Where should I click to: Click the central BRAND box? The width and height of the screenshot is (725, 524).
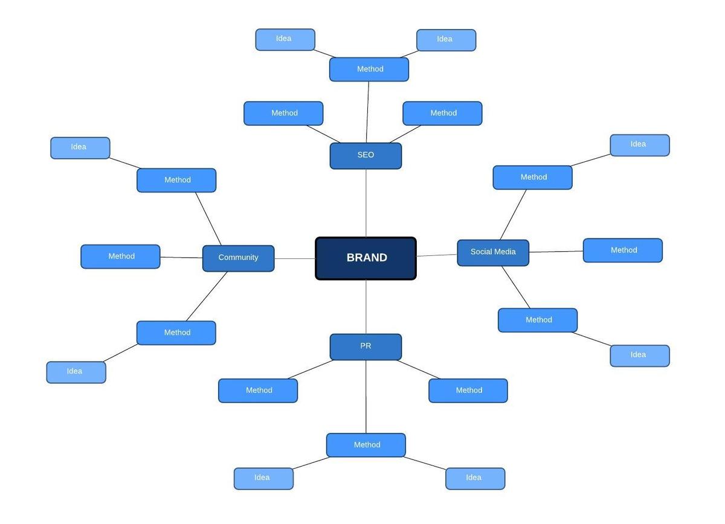pos(366,258)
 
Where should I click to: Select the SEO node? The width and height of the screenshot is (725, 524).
pos(366,156)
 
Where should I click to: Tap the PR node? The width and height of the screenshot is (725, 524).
pos(366,347)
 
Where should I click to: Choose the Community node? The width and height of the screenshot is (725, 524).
pos(238,258)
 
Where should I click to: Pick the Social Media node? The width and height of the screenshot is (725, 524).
pos(493,252)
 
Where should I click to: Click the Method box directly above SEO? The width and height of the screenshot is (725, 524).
pos(369,69)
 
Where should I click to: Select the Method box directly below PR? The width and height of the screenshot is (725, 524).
pos(366,445)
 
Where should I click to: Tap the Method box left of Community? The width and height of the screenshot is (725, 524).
pos(120,257)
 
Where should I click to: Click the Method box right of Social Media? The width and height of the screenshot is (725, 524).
pos(622,251)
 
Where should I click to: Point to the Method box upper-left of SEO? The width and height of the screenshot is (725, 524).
pos(283,113)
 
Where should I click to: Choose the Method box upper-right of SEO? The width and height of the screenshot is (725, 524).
pos(442,113)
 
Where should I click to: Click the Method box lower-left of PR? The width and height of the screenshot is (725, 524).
pos(258,391)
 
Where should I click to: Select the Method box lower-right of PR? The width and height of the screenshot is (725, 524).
pos(468,391)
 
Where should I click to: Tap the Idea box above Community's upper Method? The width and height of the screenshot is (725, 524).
pos(80,148)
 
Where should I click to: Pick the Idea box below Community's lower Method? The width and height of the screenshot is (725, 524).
pos(76,372)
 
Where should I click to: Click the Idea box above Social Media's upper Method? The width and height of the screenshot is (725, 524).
pos(639,145)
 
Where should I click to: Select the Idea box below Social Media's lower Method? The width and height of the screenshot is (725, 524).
pos(639,356)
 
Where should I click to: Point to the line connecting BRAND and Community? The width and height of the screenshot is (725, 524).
pos(295,259)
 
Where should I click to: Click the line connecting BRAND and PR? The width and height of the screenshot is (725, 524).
pos(366,307)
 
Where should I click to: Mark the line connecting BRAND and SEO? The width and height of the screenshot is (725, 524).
pos(366,203)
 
